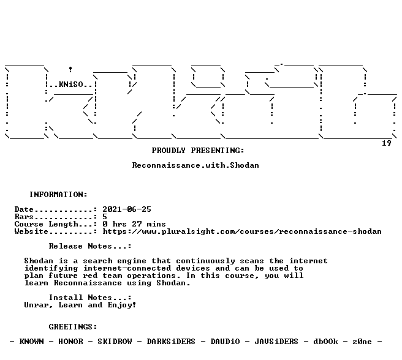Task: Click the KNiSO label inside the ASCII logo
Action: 71,84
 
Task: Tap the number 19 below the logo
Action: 387,143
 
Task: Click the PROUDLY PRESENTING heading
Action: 198,151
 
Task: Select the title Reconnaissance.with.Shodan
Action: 195,165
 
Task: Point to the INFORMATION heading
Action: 58,195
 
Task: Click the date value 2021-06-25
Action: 127,209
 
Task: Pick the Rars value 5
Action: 105,217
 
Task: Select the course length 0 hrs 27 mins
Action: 134,224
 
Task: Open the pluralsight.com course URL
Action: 242,231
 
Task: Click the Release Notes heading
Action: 90,246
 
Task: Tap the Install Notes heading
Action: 90,298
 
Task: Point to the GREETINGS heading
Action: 73,327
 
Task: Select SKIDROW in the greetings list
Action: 115,342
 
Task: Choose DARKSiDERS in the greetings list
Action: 171,342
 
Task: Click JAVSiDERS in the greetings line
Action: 276,342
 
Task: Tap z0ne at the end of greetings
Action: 362,342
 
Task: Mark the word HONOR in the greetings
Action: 70,342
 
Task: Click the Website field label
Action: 31,231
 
